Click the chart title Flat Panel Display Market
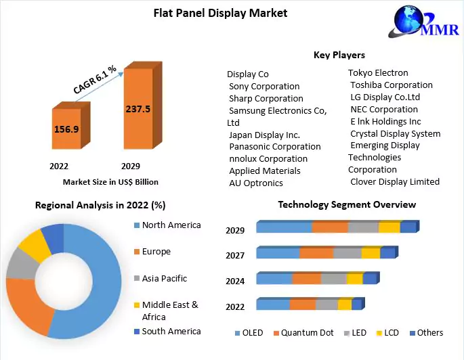[x=220, y=13]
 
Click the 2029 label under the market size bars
[x=130, y=166]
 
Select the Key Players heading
[x=339, y=55]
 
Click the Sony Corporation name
[x=264, y=86]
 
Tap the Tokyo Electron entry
[x=378, y=72]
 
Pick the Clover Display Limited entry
[x=395, y=181]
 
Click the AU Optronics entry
[x=256, y=183]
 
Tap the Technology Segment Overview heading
[x=347, y=204]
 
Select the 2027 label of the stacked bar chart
[x=235, y=255]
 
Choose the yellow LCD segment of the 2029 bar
[x=389, y=227]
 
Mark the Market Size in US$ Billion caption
[x=110, y=181]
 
